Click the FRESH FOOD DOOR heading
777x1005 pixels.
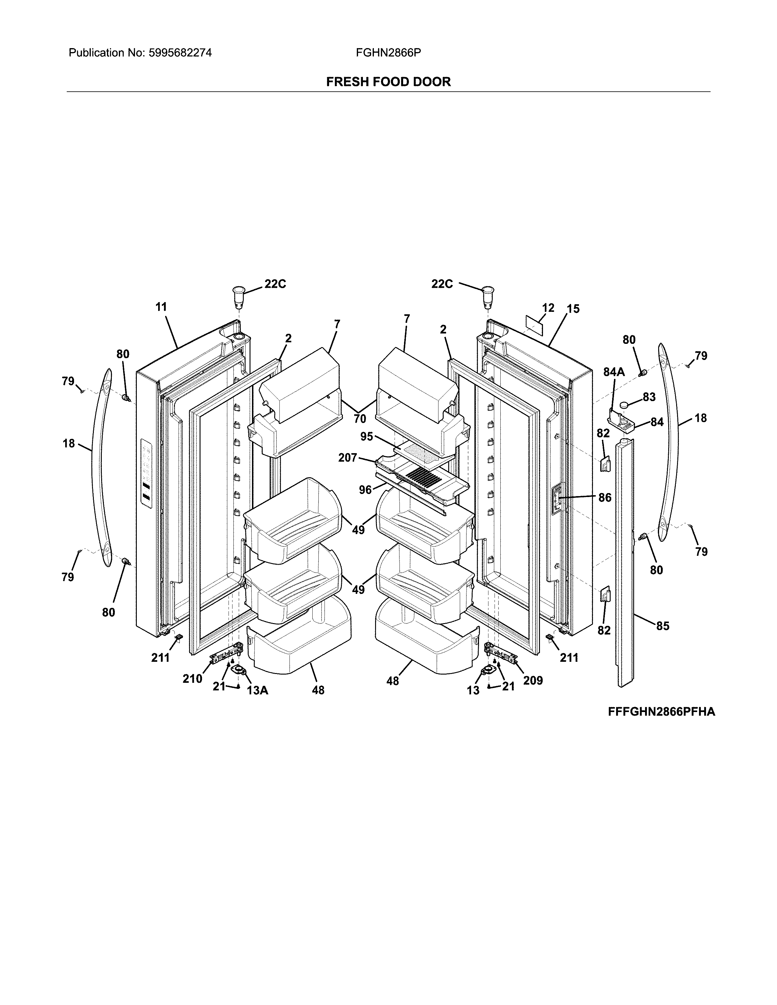coord(388,82)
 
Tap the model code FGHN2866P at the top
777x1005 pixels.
coord(388,53)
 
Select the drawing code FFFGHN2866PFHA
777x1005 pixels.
coord(662,712)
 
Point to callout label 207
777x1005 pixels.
coord(348,457)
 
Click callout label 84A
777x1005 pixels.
coord(614,372)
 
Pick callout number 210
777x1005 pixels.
coord(192,679)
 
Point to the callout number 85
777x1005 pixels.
coord(662,626)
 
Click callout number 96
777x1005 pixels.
coord(365,490)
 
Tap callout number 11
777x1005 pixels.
coord(161,307)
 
